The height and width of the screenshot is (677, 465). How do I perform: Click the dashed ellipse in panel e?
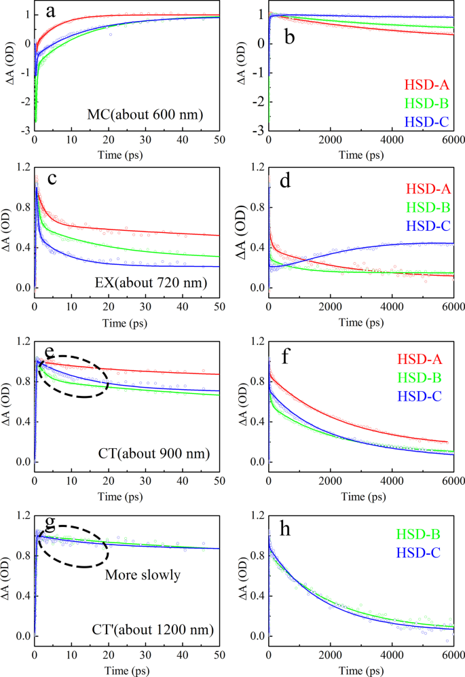(73, 376)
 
